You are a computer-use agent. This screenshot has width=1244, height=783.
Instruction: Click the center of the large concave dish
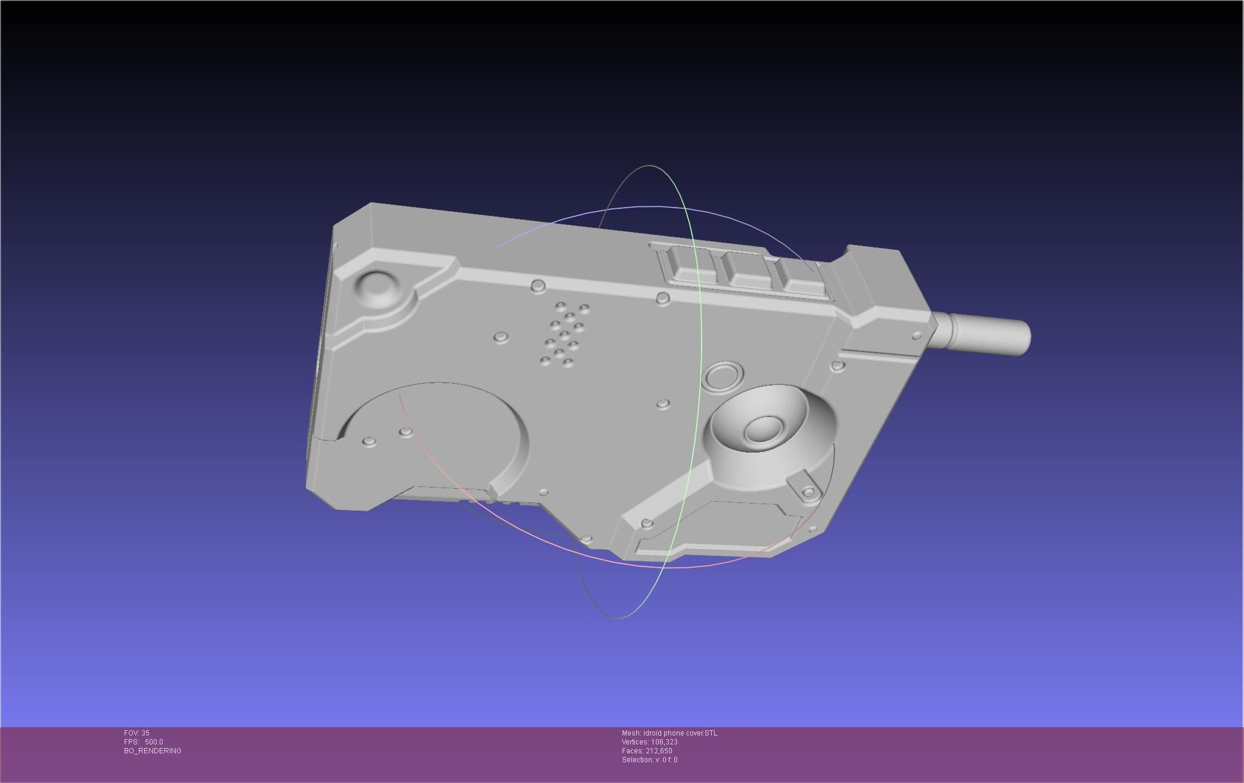(764, 428)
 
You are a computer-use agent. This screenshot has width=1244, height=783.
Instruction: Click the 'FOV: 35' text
(137, 733)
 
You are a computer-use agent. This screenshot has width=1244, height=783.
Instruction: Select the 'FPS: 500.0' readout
(143, 742)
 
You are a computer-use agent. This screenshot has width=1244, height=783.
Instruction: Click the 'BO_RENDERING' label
(153, 751)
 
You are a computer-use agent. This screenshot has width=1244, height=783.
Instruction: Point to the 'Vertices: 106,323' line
(649, 742)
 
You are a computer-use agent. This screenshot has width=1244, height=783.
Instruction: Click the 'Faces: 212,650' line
(647, 751)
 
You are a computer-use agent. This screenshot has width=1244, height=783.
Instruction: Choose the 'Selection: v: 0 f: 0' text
(649, 760)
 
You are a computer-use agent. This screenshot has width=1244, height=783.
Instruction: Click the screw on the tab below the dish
(808, 492)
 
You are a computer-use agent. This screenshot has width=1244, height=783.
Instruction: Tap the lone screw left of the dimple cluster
(501, 337)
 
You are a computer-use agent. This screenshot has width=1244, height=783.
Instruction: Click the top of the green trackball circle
(650, 166)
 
